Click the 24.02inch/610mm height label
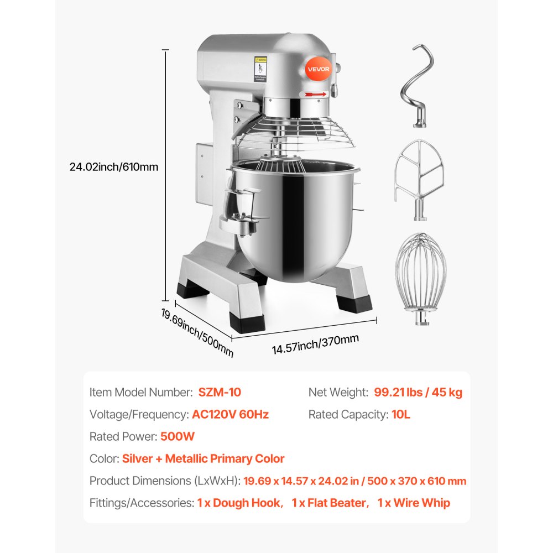[x=114, y=166]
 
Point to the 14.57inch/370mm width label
[x=315, y=343]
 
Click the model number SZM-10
[x=220, y=392]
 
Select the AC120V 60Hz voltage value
[x=230, y=414]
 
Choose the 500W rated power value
[x=178, y=436]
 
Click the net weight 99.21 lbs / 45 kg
[x=418, y=392]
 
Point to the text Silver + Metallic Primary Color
[x=203, y=458]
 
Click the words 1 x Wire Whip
[x=414, y=503]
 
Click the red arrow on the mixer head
[x=315, y=95]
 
